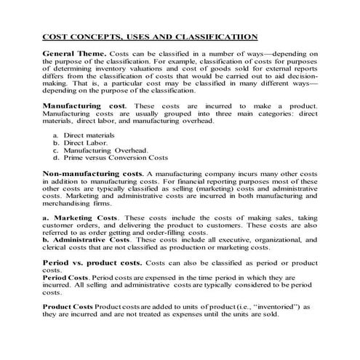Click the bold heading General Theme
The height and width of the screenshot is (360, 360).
(x=75, y=54)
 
